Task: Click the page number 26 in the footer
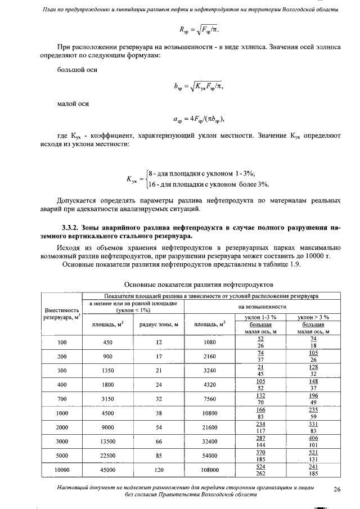pos(337,488)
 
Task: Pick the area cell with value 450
pos(108,341)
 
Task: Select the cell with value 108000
pos(209,470)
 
